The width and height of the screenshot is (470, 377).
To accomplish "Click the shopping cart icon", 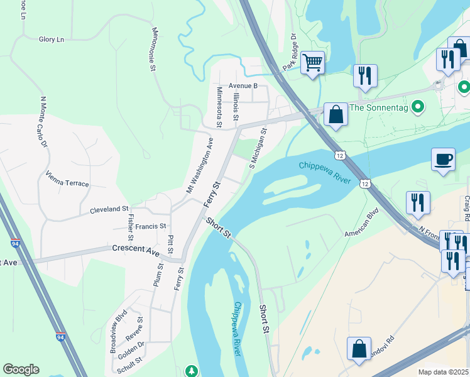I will [312, 63].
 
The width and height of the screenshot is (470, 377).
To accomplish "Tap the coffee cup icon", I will [443, 159].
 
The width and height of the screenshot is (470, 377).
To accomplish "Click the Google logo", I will [21, 369].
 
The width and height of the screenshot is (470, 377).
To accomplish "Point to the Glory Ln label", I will [52, 40].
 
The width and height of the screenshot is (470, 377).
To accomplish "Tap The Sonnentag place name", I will [383, 107].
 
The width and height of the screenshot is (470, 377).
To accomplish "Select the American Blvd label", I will [364, 225].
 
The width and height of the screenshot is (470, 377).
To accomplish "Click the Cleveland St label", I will [109, 209].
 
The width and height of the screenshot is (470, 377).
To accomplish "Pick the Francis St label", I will [151, 226].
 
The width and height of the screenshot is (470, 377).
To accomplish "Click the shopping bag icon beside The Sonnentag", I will [336, 115].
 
